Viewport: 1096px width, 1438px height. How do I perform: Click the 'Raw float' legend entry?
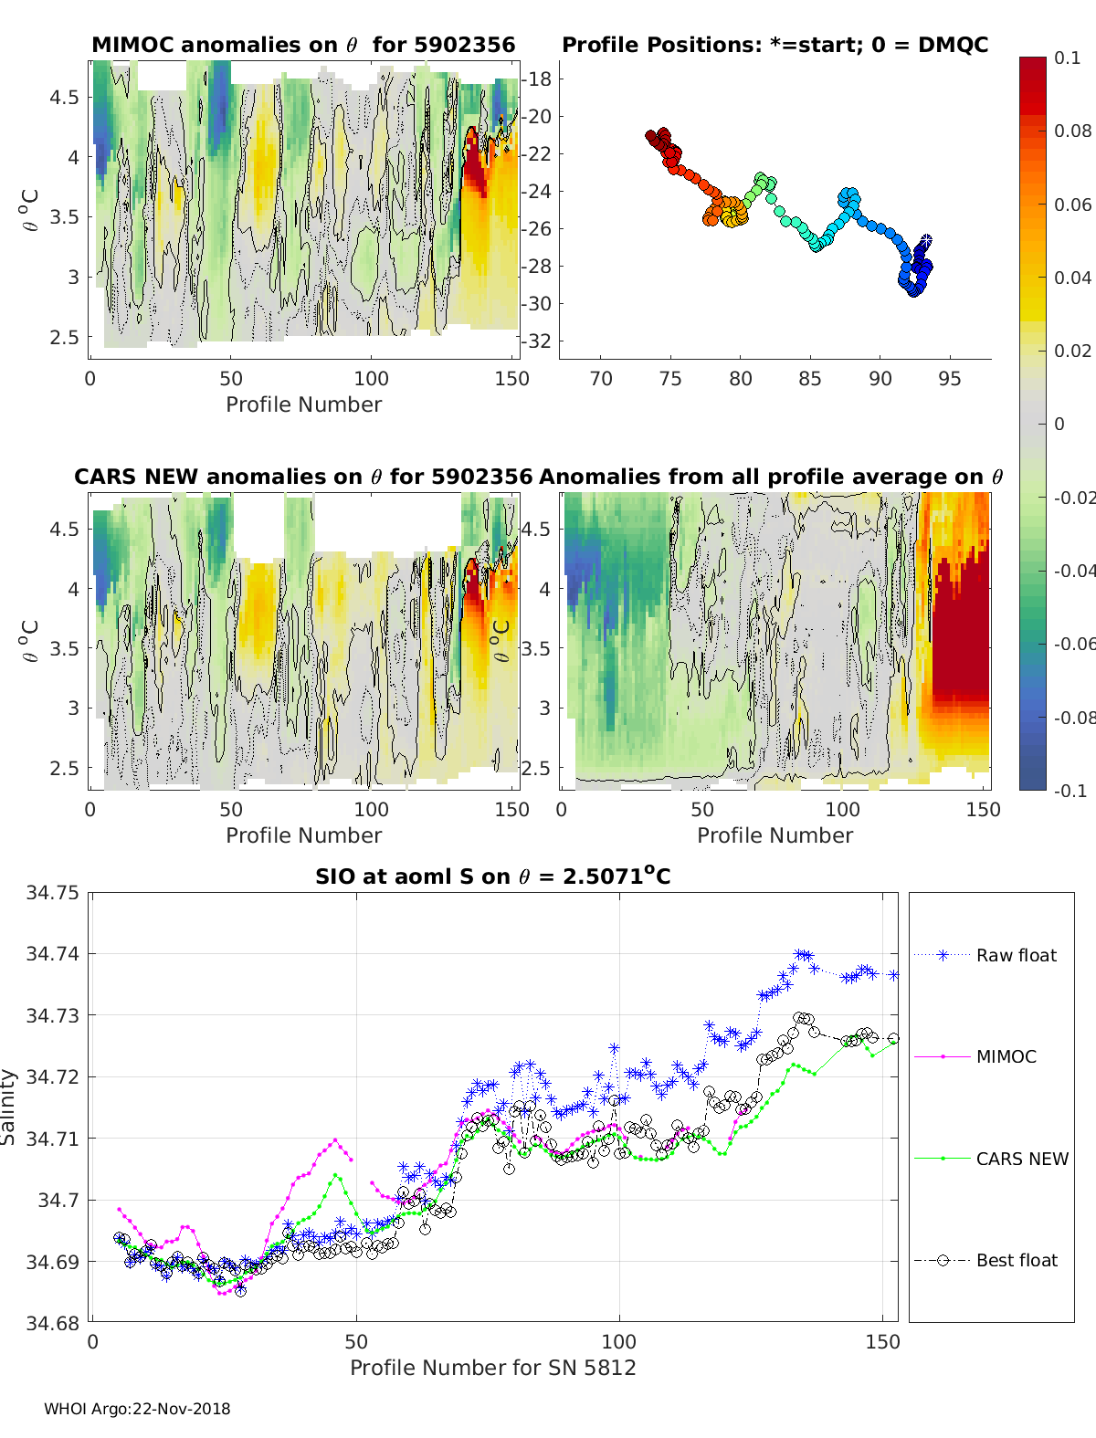1016,955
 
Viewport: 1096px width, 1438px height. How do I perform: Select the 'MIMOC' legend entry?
1006,1056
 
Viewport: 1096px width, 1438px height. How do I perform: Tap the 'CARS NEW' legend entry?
1021,1159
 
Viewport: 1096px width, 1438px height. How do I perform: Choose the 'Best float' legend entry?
1016,1260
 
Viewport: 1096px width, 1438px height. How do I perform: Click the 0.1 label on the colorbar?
1067,58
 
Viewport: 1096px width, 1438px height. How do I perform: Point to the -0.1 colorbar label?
1070,791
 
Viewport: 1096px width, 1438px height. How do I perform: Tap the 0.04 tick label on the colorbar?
1072,278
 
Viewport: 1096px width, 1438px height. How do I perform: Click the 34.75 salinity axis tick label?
52,893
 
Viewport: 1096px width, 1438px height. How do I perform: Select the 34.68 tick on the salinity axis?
52,1323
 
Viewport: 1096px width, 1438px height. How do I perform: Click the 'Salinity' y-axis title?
9,1107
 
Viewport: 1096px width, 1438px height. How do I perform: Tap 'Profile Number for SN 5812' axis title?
492,1368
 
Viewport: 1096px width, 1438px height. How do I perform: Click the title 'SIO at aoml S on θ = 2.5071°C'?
492,876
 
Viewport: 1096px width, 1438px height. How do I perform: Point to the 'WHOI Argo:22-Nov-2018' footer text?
137,1409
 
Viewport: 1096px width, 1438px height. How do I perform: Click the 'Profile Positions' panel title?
775,45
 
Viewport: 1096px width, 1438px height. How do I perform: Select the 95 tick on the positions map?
949,379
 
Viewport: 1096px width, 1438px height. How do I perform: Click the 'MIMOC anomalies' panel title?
303,45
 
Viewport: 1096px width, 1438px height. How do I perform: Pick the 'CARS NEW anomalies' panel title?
303,477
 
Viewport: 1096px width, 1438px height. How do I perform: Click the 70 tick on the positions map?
601,379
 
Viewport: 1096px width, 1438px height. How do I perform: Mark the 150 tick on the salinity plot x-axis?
882,1342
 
